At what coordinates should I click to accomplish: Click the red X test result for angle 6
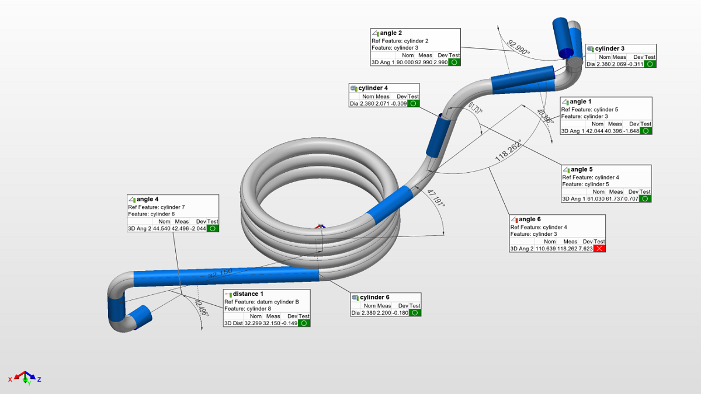[599, 248]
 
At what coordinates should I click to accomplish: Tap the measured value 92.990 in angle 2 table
[425, 62]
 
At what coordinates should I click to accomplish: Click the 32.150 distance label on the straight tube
[220, 272]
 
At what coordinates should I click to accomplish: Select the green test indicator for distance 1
[304, 323]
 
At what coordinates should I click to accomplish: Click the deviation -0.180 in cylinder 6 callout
[399, 313]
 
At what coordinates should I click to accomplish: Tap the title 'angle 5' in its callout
[581, 169]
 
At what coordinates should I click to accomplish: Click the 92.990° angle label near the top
[518, 47]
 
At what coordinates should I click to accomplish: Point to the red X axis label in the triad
[11, 379]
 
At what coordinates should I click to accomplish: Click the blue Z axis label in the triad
[39, 379]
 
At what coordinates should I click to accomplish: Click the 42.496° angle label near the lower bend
[202, 308]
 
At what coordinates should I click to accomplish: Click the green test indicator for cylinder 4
[413, 103]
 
